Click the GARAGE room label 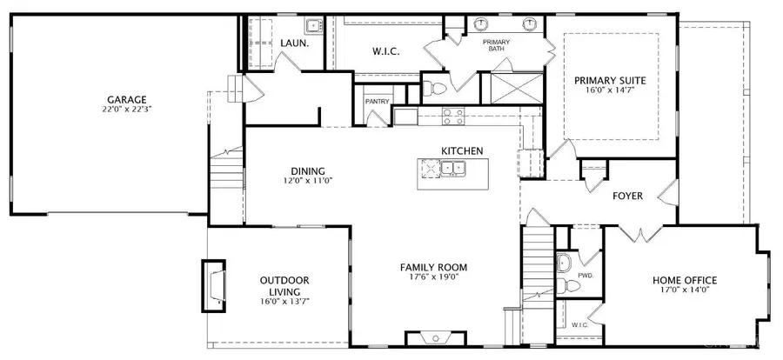click(127, 99)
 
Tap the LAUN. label click(291, 43)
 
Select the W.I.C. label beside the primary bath click(385, 52)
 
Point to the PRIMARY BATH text click(497, 45)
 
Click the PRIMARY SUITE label click(616, 81)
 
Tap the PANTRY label click(377, 101)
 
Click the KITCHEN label click(462, 150)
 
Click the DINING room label click(308, 170)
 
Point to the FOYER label click(627, 196)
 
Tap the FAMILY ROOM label click(434, 267)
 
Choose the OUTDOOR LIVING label click(284, 285)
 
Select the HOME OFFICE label click(685, 279)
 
